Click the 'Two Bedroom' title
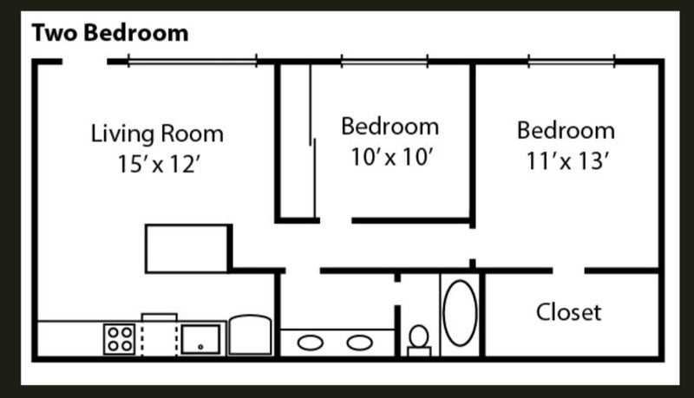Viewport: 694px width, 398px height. (x=110, y=33)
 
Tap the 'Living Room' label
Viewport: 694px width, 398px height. (x=157, y=134)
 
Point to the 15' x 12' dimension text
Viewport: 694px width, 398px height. (x=159, y=164)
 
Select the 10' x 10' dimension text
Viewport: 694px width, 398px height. (x=391, y=157)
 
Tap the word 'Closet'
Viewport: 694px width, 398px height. (x=569, y=312)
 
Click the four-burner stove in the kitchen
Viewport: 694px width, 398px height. (x=120, y=339)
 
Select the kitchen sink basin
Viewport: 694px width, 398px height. (x=200, y=339)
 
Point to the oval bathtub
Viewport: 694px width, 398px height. (x=461, y=313)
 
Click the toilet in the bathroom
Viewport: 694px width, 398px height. (x=419, y=341)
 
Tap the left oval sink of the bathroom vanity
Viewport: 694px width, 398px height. (x=311, y=343)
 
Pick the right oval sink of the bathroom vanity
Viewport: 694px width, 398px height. (x=359, y=343)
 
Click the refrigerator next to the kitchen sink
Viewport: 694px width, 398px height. (x=250, y=335)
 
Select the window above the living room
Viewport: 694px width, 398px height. (x=192, y=61)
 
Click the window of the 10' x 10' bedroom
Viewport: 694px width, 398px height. (x=384, y=61)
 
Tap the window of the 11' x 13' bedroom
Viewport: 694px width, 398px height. (x=572, y=61)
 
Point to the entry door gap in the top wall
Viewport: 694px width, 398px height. (x=84, y=62)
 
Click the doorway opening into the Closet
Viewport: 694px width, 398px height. (x=569, y=271)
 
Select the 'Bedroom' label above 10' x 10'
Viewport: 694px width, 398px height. (x=390, y=127)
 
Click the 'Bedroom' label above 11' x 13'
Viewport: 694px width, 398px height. (x=566, y=130)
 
